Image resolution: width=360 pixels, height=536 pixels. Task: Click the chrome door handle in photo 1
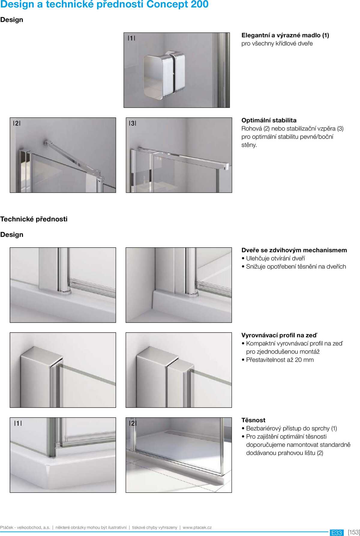tap(164, 75)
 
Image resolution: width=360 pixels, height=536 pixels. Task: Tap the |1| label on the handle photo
tap(131, 38)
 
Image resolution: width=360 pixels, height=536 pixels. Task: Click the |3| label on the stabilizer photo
tap(133, 123)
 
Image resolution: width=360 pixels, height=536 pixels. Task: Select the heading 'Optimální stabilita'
tap(269, 120)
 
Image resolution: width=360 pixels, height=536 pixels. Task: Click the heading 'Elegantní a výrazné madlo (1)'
tap(285, 35)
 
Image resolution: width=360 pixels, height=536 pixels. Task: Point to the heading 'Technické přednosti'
tap(34, 219)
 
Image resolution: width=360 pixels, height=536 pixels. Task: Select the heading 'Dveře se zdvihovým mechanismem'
tap(294, 250)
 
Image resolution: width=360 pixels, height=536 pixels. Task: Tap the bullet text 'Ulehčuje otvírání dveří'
tap(275, 258)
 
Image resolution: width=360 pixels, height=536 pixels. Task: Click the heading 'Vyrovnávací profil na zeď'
tap(279, 335)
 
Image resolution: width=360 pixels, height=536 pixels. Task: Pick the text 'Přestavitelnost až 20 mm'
tap(280, 360)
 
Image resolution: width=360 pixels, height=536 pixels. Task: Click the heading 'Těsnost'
tap(253, 420)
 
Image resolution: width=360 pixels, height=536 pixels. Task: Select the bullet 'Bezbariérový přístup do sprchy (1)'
tap(291, 429)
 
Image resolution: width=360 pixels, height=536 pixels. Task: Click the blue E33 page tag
tap(337, 532)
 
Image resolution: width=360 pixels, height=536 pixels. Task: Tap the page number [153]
tap(354, 532)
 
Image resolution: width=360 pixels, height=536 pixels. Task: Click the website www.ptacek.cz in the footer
tap(197, 527)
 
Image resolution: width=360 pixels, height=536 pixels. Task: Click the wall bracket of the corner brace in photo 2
tap(47, 143)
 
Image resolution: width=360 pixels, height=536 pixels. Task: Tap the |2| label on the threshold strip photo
tap(133, 423)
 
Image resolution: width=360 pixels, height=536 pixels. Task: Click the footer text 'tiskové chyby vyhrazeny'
tap(154, 527)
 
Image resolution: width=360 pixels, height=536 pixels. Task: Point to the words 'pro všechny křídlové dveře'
tap(277, 44)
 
